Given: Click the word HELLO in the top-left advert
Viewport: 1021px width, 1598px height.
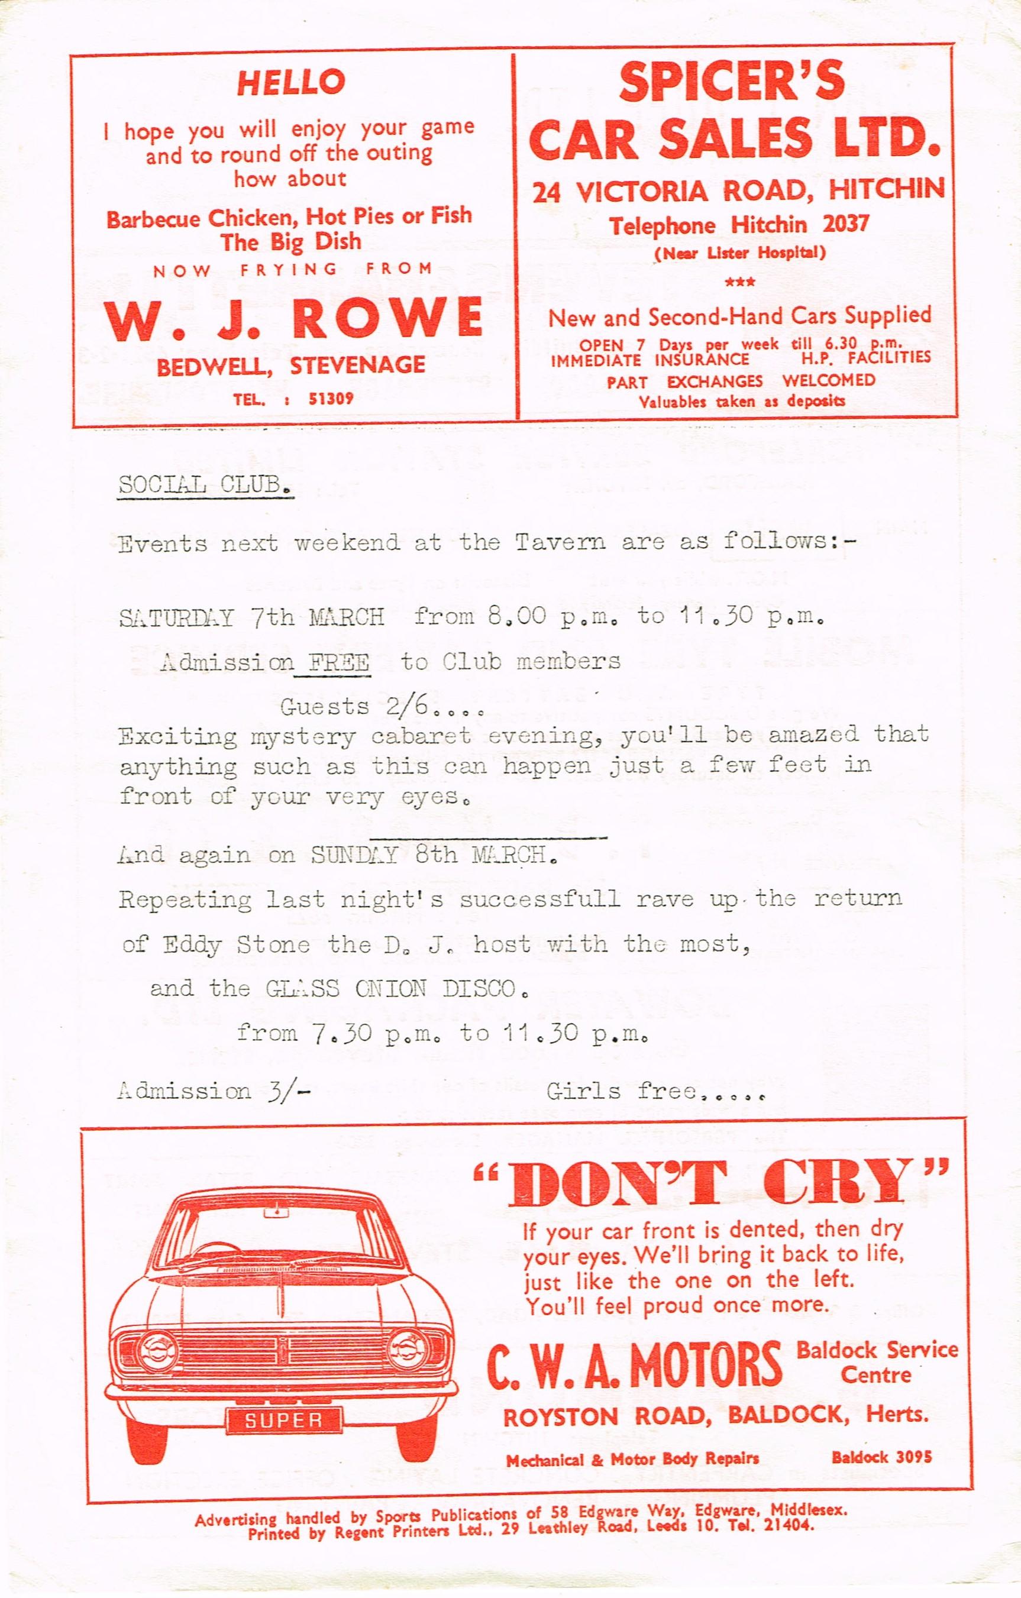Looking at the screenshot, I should pyautogui.click(x=292, y=82).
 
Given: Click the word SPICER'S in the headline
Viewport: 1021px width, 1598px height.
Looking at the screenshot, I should pyautogui.click(x=732, y=82).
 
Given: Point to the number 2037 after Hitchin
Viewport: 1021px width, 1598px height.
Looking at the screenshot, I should pyautogui.click(x=845, y=224).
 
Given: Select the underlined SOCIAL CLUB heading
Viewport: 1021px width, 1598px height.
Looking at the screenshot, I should pyautogui.click(x=205, y=485).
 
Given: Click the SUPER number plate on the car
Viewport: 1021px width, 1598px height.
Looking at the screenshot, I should pyautogui.click(x=283, y=1420).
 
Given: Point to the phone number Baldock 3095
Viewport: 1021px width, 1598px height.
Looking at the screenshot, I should pyautogui.click(x=881, y=1457).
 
